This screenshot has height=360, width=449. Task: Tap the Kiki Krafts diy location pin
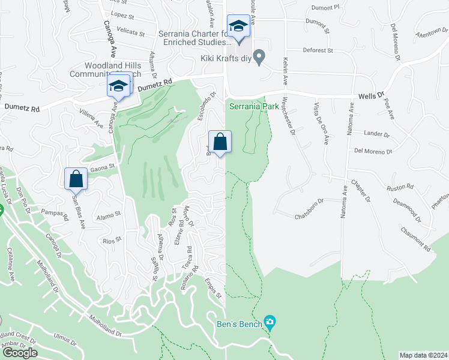pos(259,58)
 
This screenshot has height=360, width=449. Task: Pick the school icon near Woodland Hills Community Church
pos(118,86)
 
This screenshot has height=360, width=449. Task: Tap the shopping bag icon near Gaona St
pos(76,179)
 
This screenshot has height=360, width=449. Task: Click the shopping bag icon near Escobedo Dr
pos(220,143)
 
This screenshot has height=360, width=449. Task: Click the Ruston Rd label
pos(397,186)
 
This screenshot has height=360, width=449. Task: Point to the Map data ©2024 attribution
pos(424,355)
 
